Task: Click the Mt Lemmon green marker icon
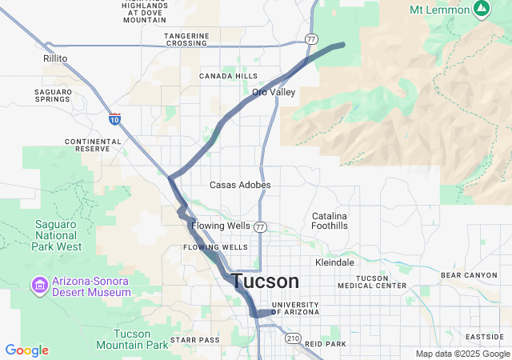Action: point(481,10)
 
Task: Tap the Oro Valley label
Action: point(274,92)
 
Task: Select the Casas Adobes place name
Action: point(240,185)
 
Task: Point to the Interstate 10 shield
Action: point(115,118)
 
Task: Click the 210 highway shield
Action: point(292,339)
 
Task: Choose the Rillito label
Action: point(55,58)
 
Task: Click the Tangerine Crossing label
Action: point(186,39)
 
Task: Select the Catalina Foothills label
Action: point(330,222)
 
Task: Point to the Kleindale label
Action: point(335,262)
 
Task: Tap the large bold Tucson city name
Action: point(266,282)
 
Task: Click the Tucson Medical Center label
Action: point(372,282)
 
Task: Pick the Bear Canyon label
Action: point(469,275)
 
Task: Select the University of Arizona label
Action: point(295,308)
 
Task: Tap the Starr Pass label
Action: point(194,340)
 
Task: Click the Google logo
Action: point(26,350)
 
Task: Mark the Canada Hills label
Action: point(228,76)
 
